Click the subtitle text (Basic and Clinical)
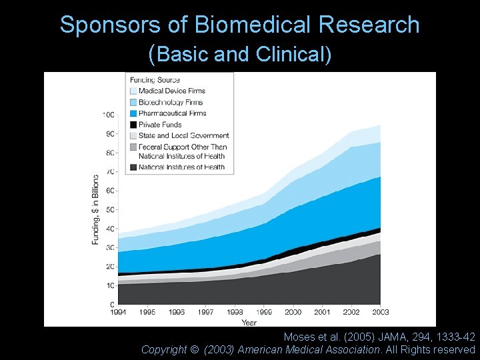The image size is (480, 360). tap(240, 54)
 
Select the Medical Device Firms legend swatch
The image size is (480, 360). tap(133, 91)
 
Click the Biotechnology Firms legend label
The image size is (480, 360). tap(171, 102)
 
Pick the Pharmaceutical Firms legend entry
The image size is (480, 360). tap(172, 113)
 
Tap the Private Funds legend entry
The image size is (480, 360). tap(160, 124)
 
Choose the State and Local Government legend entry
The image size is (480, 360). tap(183, 135)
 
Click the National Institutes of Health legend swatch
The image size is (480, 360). tap(133, 167)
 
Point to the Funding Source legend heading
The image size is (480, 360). tap(155, 80)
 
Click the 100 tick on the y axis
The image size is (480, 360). tap(108, 115)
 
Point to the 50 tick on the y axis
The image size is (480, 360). tap(110, 209)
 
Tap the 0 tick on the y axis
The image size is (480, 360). tap(112, 305)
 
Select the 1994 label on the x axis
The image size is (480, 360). tap(118, 312)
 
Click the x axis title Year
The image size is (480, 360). tap(249, 322)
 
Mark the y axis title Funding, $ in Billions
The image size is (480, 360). tap(95, 209)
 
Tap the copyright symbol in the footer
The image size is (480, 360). tap(195, 349)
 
